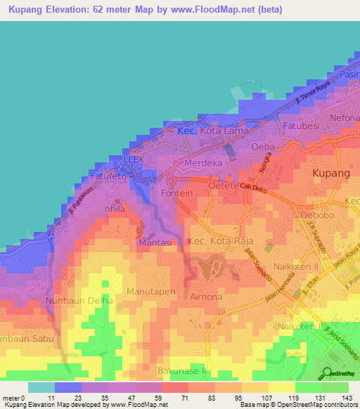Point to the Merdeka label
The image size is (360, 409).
(x=202, y=163)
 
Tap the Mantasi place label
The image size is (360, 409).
(x=156, y=242)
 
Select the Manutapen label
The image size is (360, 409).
(x=150, y=290)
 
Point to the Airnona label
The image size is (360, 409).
(x=207, y=297)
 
